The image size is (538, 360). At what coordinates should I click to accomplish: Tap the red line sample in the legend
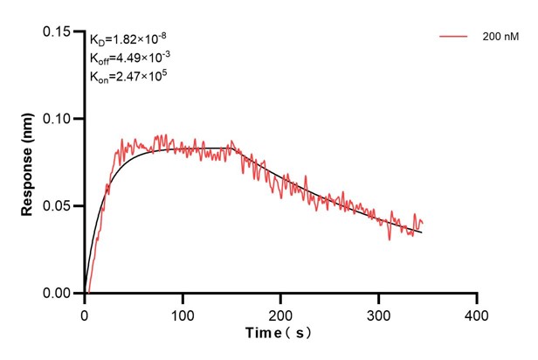coord(453,37)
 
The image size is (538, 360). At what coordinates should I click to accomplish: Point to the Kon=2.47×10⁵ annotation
coord(128,77)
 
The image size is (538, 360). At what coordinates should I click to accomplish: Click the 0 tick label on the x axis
coord(84,312)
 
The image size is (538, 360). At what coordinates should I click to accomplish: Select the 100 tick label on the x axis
coord(182,312)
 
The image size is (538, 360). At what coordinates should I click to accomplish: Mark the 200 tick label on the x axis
coord(280,312)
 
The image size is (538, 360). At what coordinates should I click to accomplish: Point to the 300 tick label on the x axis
coord(378,312)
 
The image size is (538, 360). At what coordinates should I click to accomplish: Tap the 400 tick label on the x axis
coord(476,312)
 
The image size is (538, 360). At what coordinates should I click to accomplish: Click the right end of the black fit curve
coord(422,232)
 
